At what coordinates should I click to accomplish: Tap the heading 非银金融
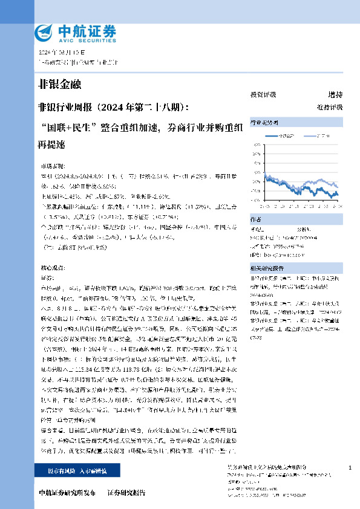pyautogui.click(x=59, y=84)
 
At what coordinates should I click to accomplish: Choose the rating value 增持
pyautogui.click(x=335, y=95)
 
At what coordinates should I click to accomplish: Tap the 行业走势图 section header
pyautogui.click(x=264, y=122)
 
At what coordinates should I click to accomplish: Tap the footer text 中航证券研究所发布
pyautogui.click(x=67, y=493)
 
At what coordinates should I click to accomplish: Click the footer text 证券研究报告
pyautogui.click(x=126, y=493)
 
